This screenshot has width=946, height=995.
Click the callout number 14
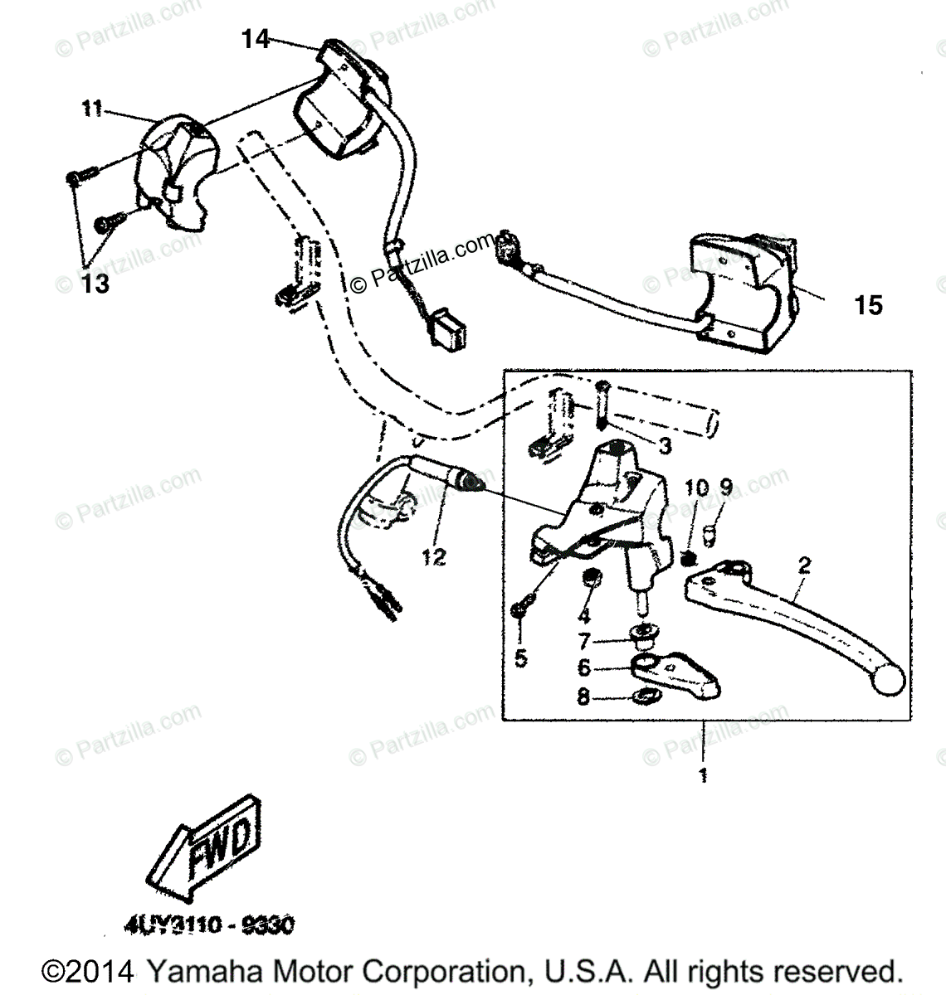(x=256, y=38)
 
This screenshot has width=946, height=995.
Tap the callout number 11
(x=91, y=109)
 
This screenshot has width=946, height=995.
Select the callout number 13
(x=95, y=284)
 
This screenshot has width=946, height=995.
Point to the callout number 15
(x=869, y=305)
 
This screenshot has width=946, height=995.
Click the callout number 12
(x=433, y=557)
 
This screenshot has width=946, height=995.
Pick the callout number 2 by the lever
(x=803, y=566)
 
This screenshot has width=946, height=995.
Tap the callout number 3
(x=665, y=447)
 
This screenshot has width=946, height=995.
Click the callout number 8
(x=583, y=697)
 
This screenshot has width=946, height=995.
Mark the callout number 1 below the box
(x=703, y=776)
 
